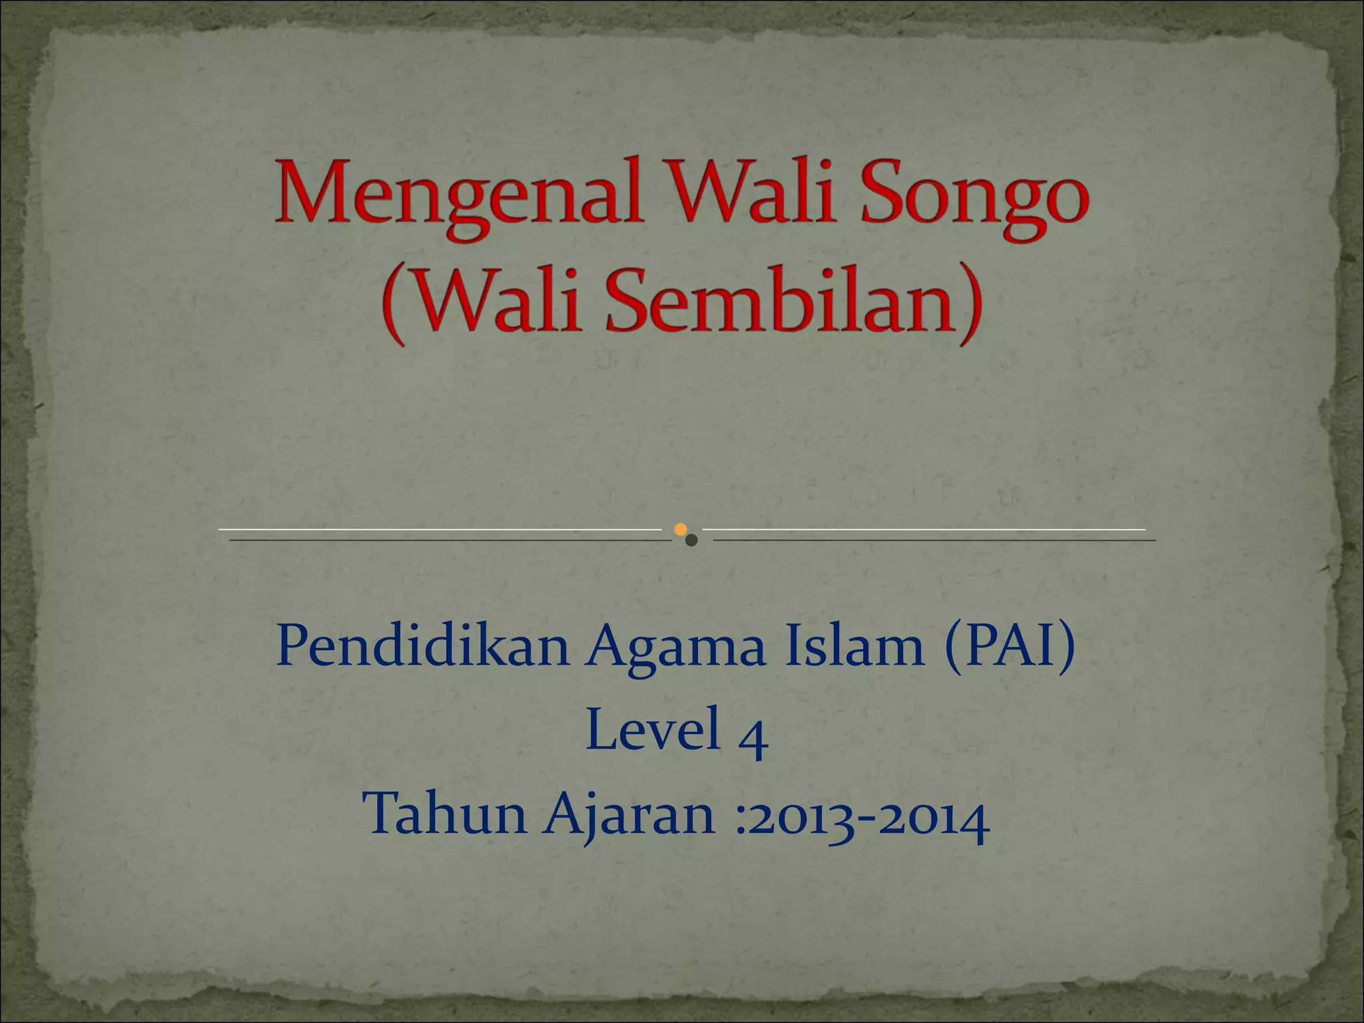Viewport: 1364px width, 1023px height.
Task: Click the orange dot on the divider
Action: click(x=680, y=529)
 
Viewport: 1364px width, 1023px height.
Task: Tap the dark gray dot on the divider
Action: click(x=691, y=540)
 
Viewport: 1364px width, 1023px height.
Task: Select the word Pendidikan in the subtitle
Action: click(x=422, y=647)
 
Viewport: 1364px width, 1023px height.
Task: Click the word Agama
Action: click(x=675, y=647)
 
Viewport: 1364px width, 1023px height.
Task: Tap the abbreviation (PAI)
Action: click(x=1009, y=647)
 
